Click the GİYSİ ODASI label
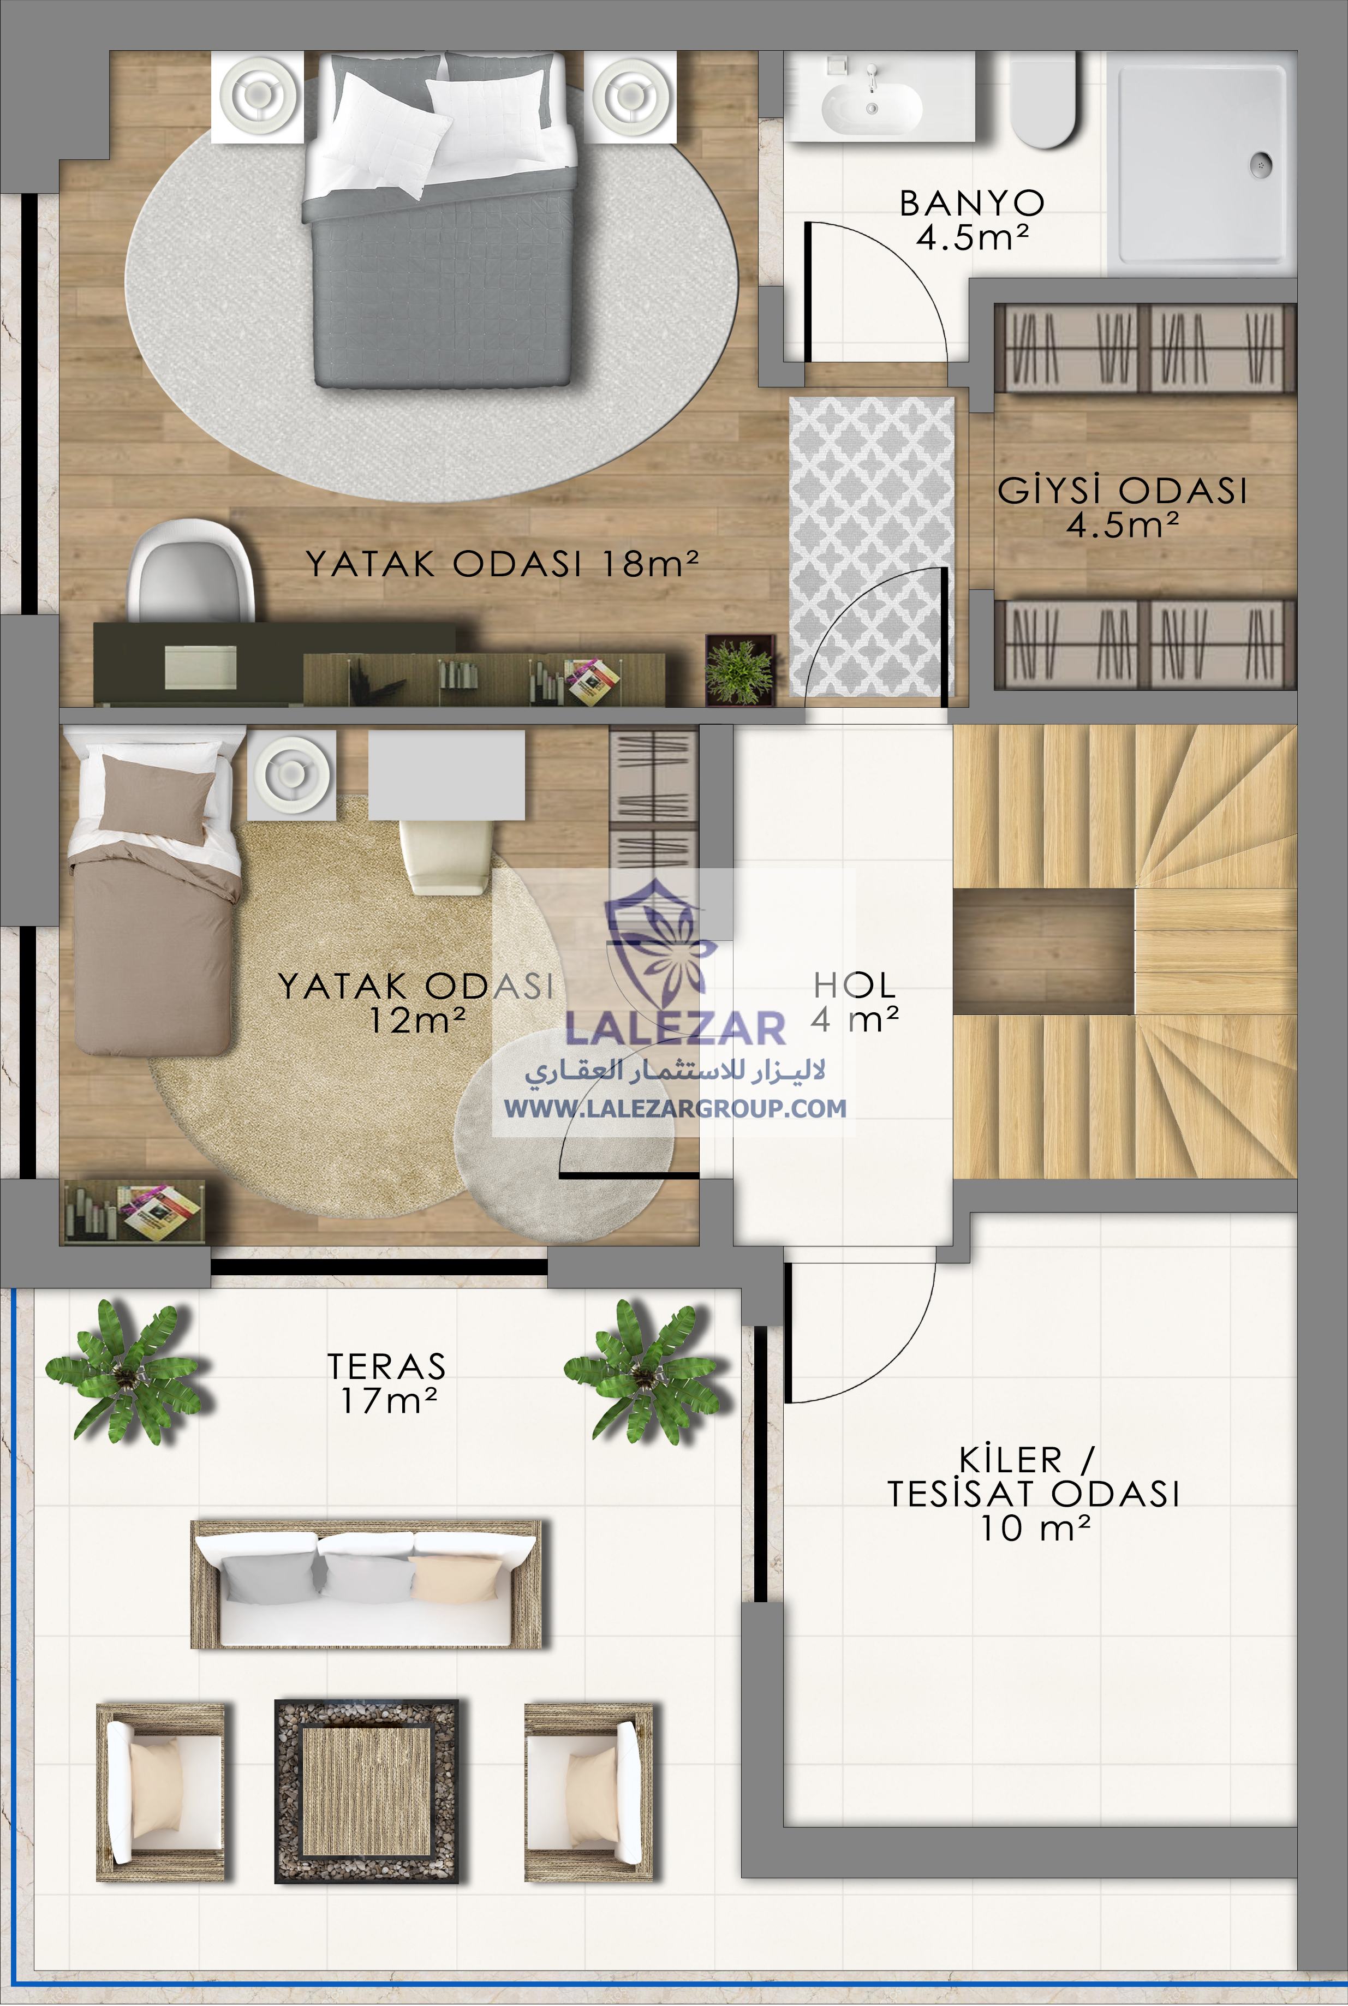(1122, 507)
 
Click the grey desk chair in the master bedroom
(189, 571)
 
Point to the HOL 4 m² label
(855, 1001)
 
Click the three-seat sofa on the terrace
(366, 1583)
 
